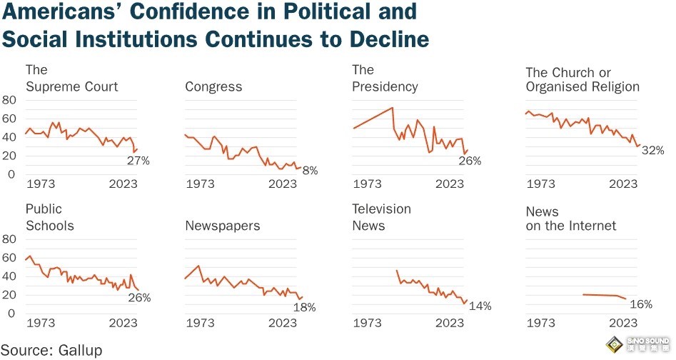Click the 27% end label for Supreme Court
138,161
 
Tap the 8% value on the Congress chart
310,170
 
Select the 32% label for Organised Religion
652,151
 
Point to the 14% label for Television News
480,306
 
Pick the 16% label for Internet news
641,304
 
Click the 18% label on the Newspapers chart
304,307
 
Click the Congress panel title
213,87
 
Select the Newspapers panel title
222,226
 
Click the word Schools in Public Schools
50,226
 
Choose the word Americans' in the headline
74,12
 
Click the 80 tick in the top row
9,99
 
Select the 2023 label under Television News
450,323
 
